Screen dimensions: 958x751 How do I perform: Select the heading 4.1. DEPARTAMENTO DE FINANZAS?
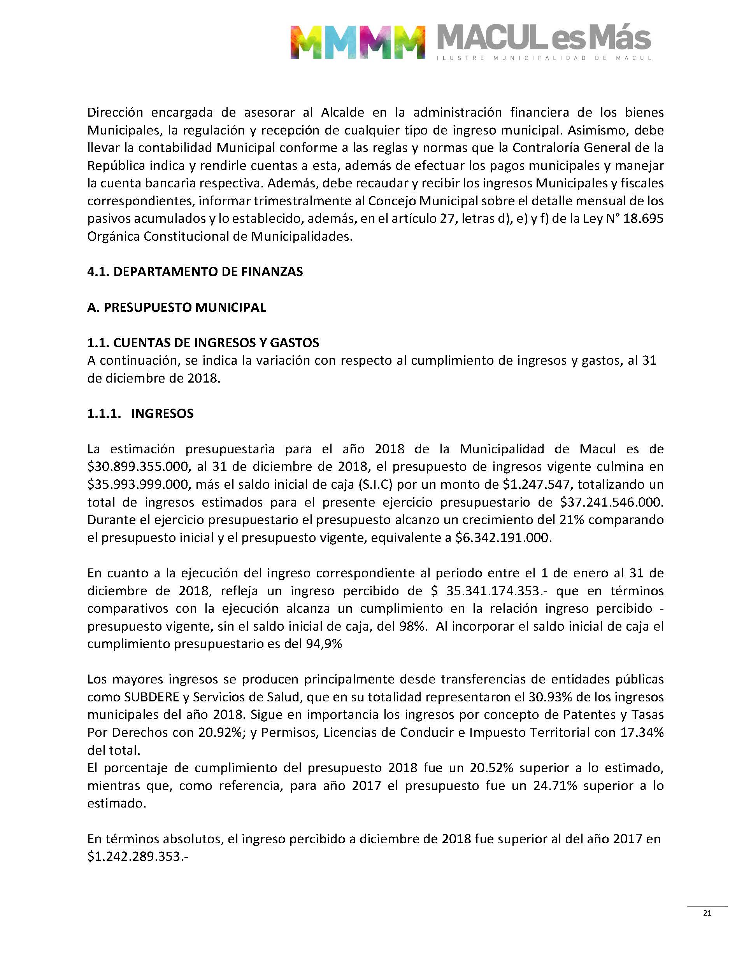195,272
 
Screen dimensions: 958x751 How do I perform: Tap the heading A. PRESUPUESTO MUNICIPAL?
176,308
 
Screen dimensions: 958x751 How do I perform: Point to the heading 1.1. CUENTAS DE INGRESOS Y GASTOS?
203,343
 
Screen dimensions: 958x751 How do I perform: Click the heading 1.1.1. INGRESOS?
140,414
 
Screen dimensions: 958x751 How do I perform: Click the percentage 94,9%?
324,644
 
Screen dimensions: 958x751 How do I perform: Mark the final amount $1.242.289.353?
138,857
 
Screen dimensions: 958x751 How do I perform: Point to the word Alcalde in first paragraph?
342,112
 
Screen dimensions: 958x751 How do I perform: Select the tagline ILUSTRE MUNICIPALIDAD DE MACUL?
544,58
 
